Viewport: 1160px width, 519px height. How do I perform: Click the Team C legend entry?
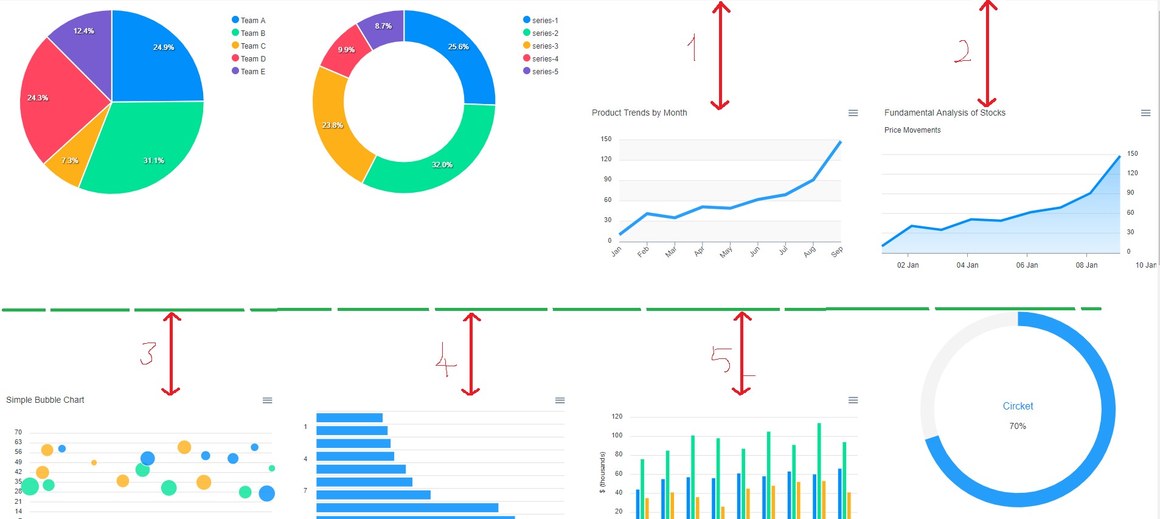tap(249, 46)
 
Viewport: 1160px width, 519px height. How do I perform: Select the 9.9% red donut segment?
tap(345, 51)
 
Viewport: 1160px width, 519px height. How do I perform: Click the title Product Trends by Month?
tap(639, 113)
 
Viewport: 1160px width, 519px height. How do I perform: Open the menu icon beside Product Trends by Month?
tap(853, 113)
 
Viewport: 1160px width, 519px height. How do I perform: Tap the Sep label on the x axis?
tap(837, 251)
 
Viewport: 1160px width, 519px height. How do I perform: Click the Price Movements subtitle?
tap(912, 130)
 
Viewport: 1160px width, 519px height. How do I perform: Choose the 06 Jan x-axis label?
tap(1027, 265)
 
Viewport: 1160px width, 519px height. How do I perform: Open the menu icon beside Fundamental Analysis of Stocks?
tap(1145, 113)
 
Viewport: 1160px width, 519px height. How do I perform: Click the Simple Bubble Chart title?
tap(45, 400)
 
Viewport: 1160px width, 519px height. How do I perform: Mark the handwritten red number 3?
tap(148, 353)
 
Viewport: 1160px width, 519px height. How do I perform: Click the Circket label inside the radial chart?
tap(1018, 406)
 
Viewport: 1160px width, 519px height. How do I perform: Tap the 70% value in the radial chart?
tap(1018, 426)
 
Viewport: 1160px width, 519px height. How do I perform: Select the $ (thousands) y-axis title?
tap(602, 472)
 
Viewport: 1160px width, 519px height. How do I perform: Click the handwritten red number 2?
tap(962, 51)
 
